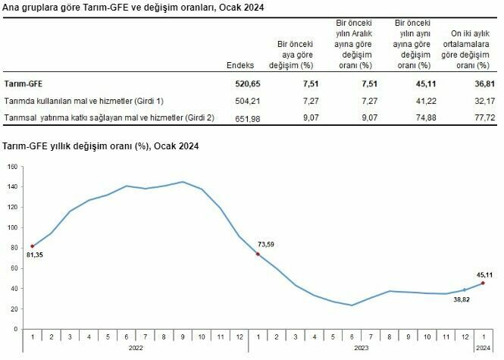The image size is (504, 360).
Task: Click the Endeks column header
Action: [240, 66]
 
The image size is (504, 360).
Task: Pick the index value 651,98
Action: [241, 119]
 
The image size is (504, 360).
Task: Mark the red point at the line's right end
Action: [482, 283]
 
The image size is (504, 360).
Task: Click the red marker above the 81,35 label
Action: [32, 246]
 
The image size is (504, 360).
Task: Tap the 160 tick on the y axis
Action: [12, 166]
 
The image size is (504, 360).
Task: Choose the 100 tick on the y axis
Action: [12, 227]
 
